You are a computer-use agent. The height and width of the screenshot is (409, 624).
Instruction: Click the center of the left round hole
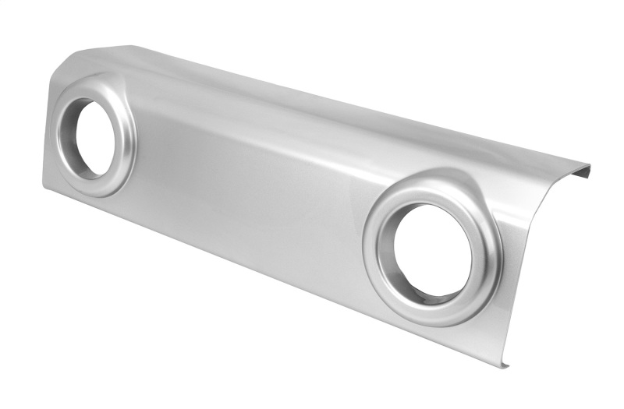[x=95, y=138]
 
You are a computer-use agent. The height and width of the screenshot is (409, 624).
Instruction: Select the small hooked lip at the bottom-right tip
[x=505, y=364]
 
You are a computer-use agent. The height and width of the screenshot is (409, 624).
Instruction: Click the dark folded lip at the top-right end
[x=581, y=169]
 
